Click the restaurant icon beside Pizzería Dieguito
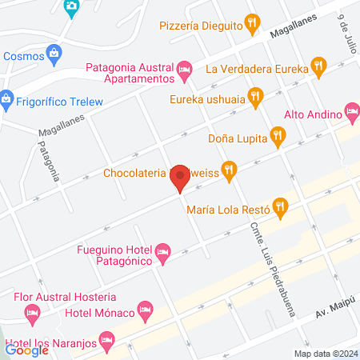click(254, 24)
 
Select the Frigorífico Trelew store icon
click(6, 101)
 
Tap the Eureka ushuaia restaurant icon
click(255, 98)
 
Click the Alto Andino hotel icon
click(351, 110)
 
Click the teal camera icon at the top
click(71, 8)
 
